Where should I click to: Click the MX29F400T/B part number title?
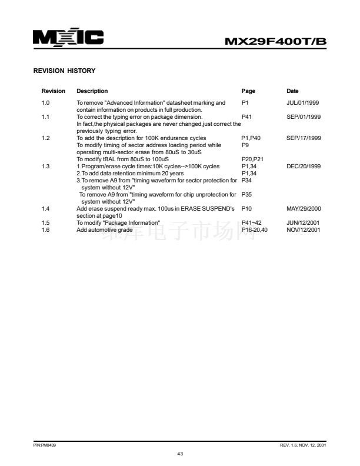click(276, 41)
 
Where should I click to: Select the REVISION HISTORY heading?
click(64, 71)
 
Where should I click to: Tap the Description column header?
click(92, 91)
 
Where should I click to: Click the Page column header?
click(248, 91)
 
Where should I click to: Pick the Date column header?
click(292, 91)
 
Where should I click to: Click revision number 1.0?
click(45, 103)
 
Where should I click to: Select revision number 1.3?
click(45, 167)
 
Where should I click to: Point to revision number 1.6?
click(45, 229)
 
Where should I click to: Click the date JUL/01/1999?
click(302, 103)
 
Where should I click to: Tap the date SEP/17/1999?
click(304, 138)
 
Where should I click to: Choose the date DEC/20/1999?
click(304, 167)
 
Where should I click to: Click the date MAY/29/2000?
click(304, 209)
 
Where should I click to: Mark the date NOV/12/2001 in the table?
click(304, 229)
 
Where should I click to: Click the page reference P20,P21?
click(252, 159)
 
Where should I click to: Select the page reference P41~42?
click(251, 222)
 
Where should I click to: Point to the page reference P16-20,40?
click(255, 229)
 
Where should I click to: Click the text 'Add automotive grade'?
click(105, 229)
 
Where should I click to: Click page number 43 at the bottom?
click(180, 454)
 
